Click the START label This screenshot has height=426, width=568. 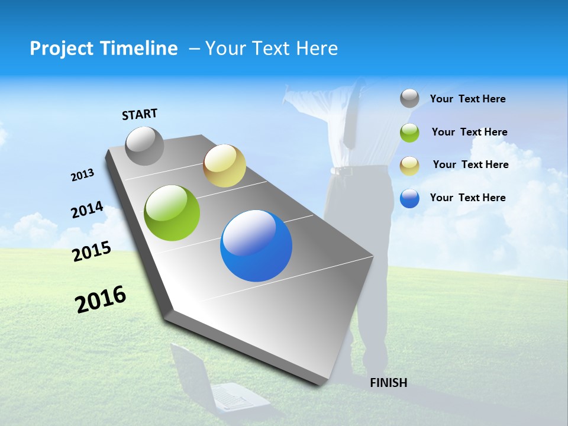(140, 114)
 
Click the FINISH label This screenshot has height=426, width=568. (388, 383)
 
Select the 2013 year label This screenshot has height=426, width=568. (82, 175)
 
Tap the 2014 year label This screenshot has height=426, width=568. (87, 210)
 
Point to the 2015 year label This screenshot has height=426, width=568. (92, 251)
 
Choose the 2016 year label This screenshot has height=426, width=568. (101, 299)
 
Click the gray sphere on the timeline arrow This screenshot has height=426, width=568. (144, 146)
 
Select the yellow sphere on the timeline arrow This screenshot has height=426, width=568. (224, 166)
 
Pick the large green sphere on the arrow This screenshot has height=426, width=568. (172, 213)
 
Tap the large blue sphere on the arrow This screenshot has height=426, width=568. (256, 246)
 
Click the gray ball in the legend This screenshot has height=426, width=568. (409, 99)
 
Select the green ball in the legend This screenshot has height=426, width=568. (409, 133)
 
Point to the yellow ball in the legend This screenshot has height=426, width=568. (409, 165)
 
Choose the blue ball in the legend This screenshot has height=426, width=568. (409, 198)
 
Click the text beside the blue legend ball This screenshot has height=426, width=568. (467, 198)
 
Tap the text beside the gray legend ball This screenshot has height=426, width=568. (467, 99)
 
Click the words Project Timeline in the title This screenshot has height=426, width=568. (104, 49)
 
